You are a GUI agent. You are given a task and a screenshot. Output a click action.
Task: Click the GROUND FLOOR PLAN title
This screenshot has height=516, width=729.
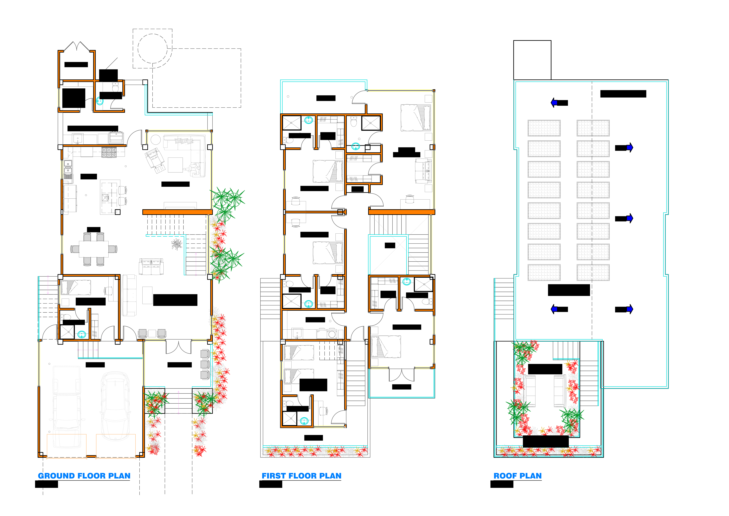pos(84,476)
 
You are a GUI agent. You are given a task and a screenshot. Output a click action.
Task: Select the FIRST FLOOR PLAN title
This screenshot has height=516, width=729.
pos(301,476)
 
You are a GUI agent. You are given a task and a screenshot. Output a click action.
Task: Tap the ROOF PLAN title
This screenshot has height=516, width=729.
pos(518,476)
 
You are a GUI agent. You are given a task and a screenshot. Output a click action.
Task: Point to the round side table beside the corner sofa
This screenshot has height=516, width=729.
pos(156,140)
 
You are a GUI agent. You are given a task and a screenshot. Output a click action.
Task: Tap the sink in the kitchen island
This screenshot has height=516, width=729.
pos(106,198)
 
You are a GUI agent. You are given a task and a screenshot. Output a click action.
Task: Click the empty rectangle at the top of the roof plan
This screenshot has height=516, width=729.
pos(532,60)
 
